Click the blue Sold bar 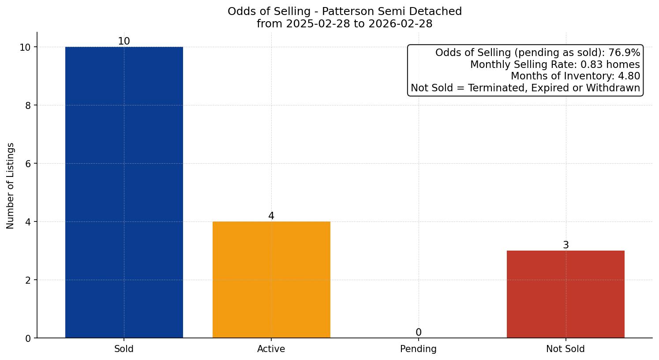tap(124, 192)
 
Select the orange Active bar tap(271, 280)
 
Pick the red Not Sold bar tap(565, 294)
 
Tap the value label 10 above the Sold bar tap(124, 41)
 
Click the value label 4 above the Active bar tap(271, 216)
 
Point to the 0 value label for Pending tap(419, 333)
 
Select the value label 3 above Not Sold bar tap(566, 245)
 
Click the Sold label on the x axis tap(124, 349)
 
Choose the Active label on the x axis tap(271, 349)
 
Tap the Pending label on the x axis tap(418, 349)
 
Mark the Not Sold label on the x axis tap(565, 349)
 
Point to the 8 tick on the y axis tap(28, 105)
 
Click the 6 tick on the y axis tap(28, 164)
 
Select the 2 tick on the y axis tap(28, 280)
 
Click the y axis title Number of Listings tap(11, 186)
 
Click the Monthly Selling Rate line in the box tap(555, 64)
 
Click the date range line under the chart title tap(344, 24)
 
